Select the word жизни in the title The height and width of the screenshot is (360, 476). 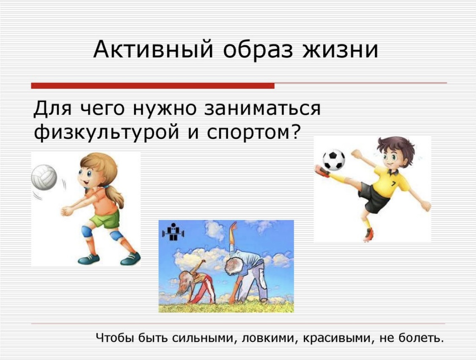pyautogui.click(x=340, y=49)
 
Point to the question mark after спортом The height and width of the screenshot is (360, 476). pyautogui.click(x=295, y=131)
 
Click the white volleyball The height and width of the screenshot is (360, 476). pyautogui.click(x=44, y=178)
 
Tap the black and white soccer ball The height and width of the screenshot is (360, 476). pyautogui.click(x=334, y=159)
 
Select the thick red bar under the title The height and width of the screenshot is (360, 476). pyautogui.click(x=153, y=85)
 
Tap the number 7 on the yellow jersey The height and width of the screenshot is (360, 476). pyautogui.click(x=393, y=184)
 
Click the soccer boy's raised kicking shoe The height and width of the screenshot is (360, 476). pyautogui.click(x=322, y=171)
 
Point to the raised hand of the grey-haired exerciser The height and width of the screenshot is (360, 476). pyautogui.click(x=234, y=226)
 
